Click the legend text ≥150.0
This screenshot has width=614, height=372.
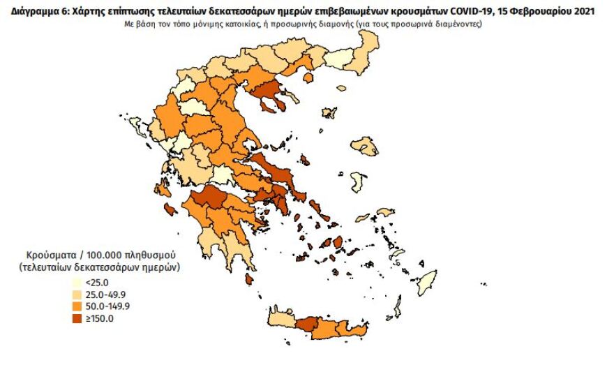click(100, 318)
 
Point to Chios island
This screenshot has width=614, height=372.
click(357, 184)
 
